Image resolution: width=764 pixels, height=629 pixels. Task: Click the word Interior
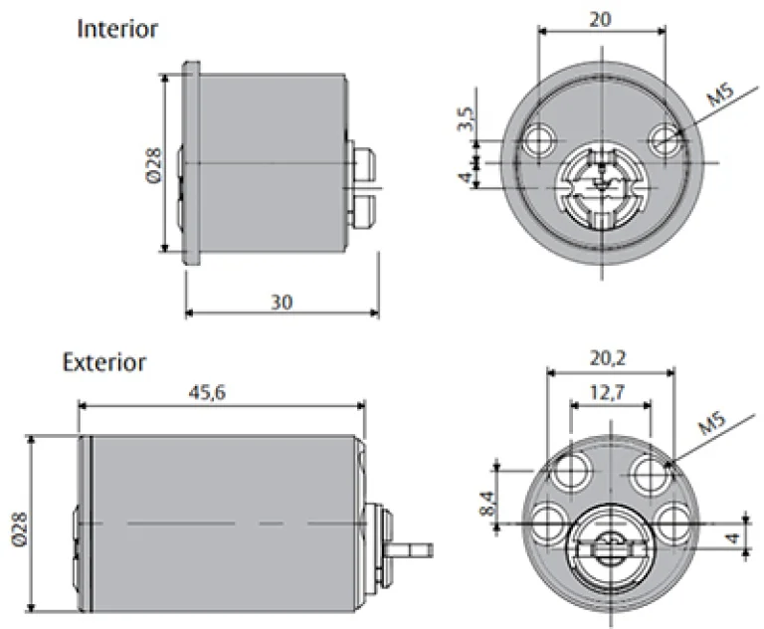click(117, 29)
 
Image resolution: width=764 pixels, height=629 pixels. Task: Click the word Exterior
click(104, 361)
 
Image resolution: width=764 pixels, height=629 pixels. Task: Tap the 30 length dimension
click(282, 303)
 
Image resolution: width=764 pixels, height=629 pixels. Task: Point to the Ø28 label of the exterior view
click(22, 526)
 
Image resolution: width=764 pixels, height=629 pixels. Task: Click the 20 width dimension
click(601, 18)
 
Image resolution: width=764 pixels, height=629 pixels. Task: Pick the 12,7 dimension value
click(611, 392)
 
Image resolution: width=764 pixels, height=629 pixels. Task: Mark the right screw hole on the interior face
click(666, 138)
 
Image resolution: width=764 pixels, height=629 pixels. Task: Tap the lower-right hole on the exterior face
click(673, 520)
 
